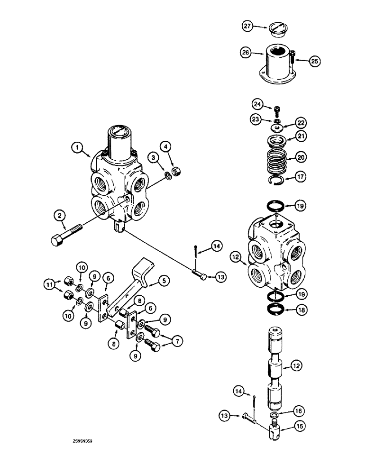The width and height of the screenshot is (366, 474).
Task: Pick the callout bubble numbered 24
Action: click(256, 104)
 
